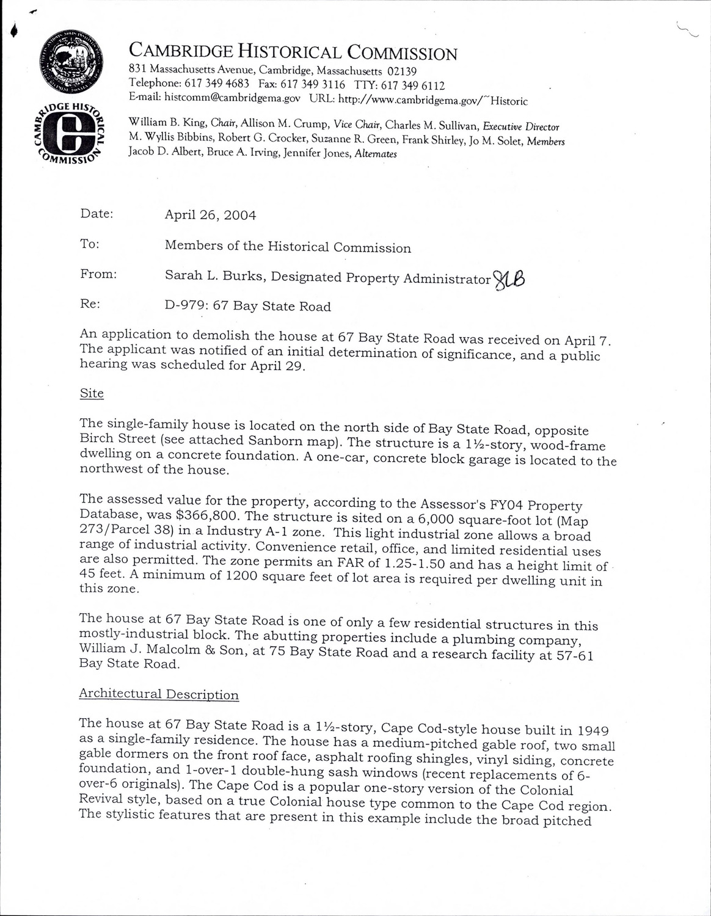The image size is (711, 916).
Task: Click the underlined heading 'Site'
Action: tap(92, 393)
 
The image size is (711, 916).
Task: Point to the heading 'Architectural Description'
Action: tap(159, 694)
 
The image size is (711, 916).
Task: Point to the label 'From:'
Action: tap(98, 274)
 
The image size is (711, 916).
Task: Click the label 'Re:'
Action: tap(90, 304)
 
